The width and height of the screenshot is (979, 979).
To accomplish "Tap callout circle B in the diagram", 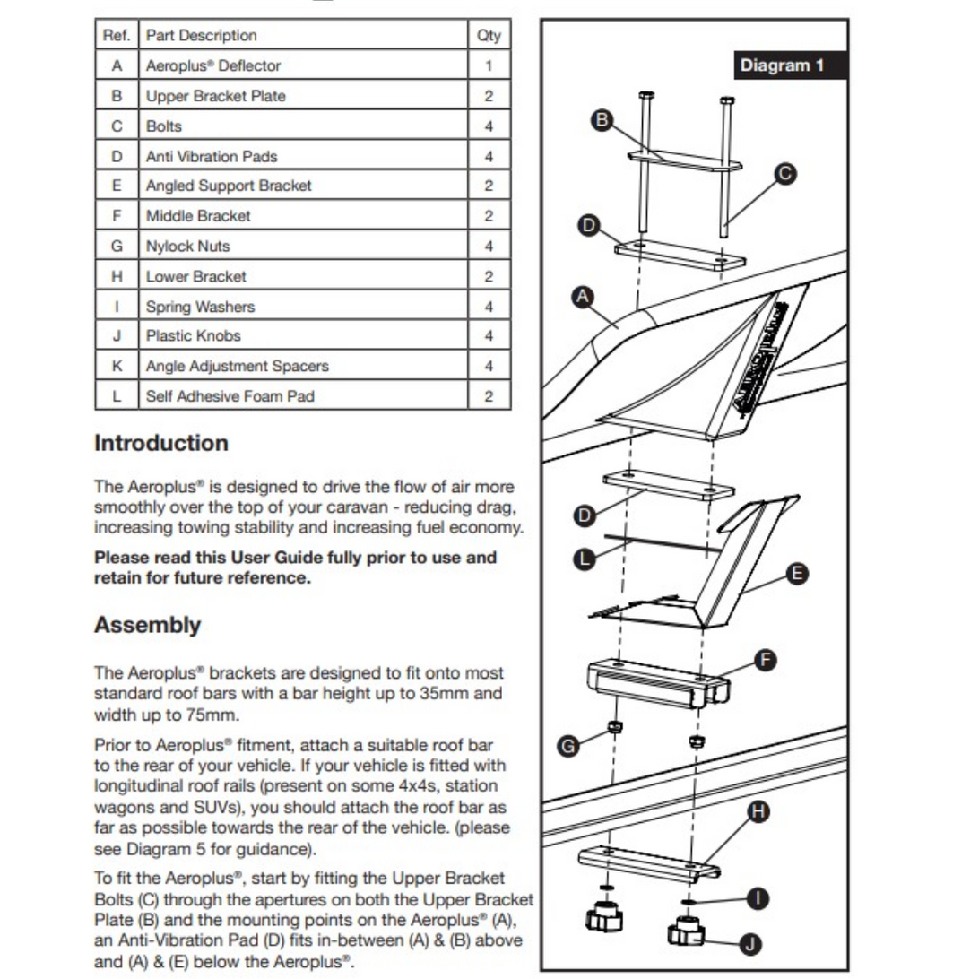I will click(603, 119).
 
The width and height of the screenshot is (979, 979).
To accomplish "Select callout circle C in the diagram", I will click(785, 174).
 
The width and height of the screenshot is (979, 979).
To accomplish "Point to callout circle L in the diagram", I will click(584, 559).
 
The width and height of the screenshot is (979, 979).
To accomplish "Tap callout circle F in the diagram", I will click(765, 661).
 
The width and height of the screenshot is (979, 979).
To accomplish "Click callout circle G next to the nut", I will click(567, 745).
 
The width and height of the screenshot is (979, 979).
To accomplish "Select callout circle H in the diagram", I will click(758, 811).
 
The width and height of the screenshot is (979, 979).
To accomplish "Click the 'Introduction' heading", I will click(161, 443).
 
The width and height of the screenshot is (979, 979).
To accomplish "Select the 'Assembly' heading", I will click(147, 625).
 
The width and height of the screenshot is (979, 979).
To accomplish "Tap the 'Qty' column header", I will click(489, 36).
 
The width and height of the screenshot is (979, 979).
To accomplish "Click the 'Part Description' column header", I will click(202, 36).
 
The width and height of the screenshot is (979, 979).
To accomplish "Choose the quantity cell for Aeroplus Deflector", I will click(489, 65).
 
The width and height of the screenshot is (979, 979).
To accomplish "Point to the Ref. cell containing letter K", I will click(117, 366).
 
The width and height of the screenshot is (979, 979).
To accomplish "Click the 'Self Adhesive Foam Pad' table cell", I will click(230, 396).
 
